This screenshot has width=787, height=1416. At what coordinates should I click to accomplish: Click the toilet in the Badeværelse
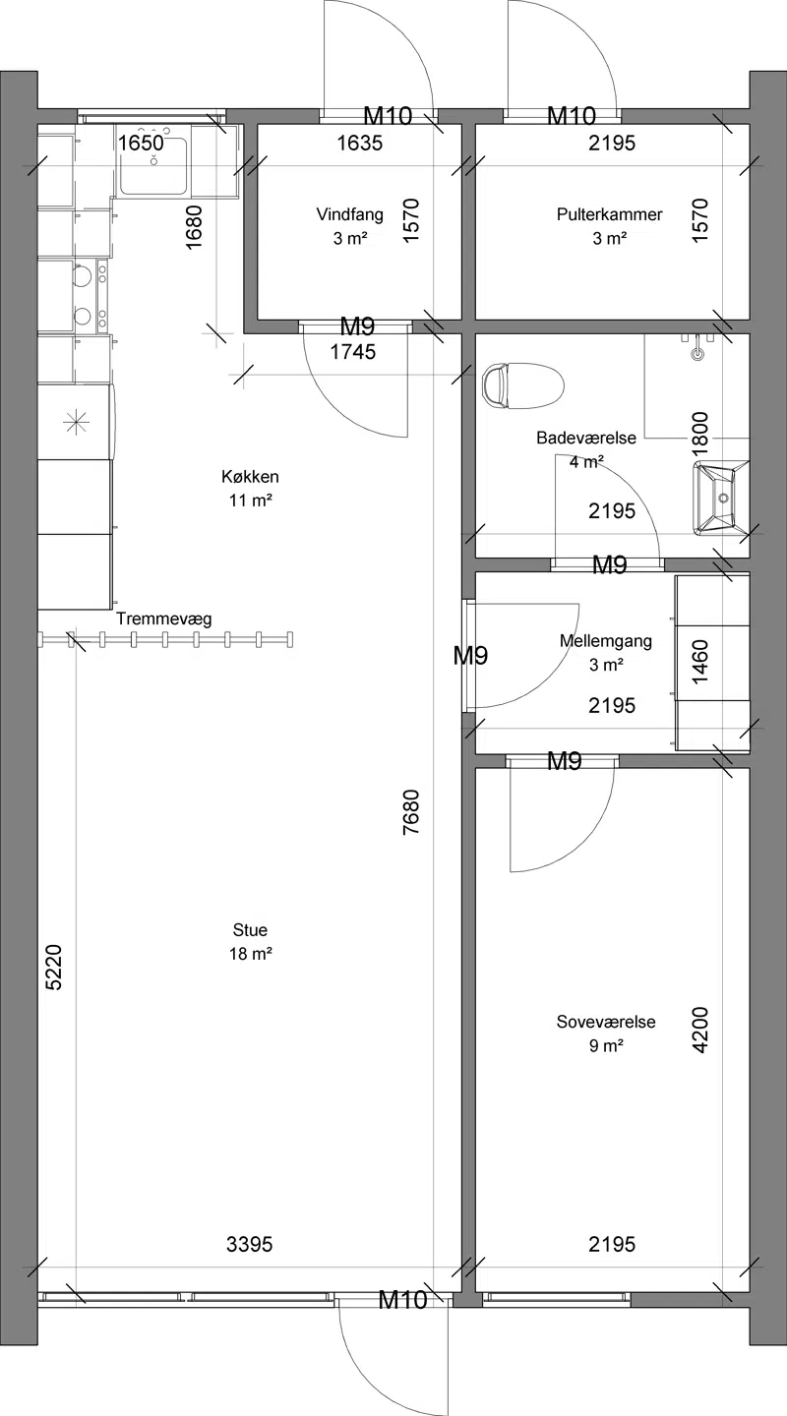pyautogui.click(x=522, y=385)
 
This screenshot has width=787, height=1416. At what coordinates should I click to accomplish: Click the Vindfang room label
pyautogui.click(x=350, y=214)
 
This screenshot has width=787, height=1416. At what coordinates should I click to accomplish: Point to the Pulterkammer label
pyautogui.click(x=609, y=214)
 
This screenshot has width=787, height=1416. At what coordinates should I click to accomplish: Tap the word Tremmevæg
pyautogui.click(x=164, y=619)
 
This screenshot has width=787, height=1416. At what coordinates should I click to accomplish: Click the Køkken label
pyautogui.click(x=250, y=476)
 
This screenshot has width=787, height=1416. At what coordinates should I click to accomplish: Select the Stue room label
pyautogui.click(x=250, y=929)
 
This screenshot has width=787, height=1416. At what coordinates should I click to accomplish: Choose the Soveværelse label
pyautogui.click(x=606, y=1022)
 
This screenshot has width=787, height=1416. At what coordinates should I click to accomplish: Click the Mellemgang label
pyautogui.click(x=606, y=641)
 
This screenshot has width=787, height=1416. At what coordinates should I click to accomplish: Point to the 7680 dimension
pyautogui.click(x=411, y=812)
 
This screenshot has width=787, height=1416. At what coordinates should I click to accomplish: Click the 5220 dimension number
pyautogui.click(x=54, y=967)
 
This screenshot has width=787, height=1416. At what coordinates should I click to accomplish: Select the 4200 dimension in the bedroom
pyautogui.click(x=699, y=1030)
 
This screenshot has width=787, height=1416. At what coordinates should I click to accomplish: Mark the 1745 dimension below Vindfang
pyautogui.click(x=353, y=352)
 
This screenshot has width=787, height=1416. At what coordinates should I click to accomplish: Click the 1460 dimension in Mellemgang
pyautogui.click(x=699, y=661)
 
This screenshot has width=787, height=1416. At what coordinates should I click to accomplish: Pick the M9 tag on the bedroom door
pyautogui.click(x=565, y=762)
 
